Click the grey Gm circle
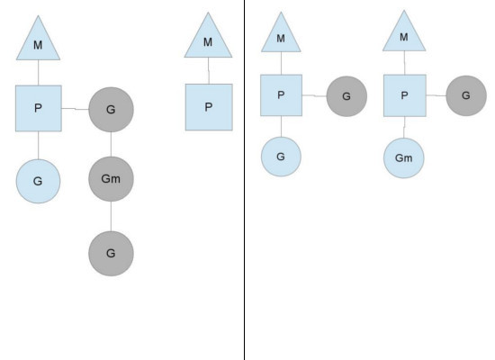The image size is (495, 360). [111, 181]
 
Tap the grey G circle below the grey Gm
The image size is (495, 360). [111, 253]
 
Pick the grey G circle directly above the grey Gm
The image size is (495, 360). [111, 109]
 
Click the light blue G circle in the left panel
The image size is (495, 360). [38, 181]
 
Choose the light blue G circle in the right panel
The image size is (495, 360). [281, 156]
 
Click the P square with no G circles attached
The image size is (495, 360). [208, 107]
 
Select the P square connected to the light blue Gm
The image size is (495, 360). [404, 95]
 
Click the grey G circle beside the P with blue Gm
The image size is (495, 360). [466, 94]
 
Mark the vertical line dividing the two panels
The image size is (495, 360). [244, 180]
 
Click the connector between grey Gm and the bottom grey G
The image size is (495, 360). [111, 217]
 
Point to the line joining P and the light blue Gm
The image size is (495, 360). [404, 127]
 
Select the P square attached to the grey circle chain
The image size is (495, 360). [39, 108]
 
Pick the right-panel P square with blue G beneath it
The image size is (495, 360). [281, 95]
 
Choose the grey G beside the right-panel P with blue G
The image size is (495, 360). [345, 95]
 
